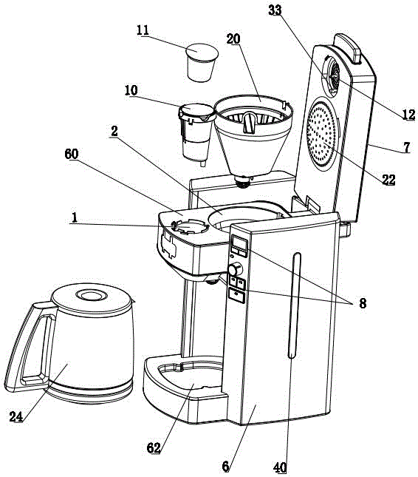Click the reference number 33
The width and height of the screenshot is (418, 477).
click(275, 10)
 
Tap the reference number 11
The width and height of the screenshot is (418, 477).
click(143, 30)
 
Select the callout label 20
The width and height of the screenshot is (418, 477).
click(233, 39)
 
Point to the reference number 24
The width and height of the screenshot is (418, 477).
click(16, 416)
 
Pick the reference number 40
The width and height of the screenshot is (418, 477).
click(280, 467)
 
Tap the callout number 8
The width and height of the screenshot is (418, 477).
click(363, 303)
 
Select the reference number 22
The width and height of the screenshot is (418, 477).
click(388, 180)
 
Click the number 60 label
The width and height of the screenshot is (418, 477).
click(72, 154)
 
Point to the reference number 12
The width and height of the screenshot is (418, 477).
click(408, 115)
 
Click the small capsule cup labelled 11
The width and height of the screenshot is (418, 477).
click(202, 62)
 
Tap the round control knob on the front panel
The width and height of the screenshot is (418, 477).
click(236, 269)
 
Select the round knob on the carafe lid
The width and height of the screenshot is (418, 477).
click(92, 295)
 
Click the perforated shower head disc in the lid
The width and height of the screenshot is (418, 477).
click(322, 134)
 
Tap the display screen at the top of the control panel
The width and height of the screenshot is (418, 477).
click(239, 243)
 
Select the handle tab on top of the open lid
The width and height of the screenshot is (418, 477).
click(348, 48)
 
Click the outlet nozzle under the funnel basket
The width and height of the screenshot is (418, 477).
click(243, 182)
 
